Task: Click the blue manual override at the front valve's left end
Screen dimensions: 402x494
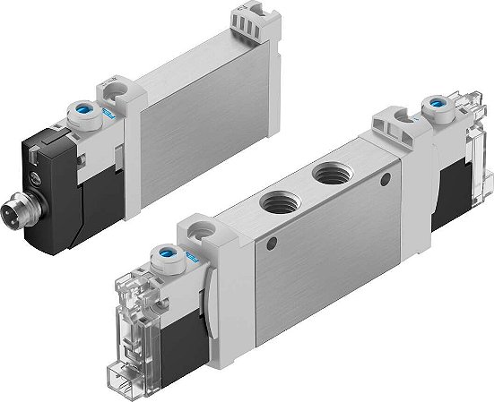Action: pyautogui.click(x=168, y=254)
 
